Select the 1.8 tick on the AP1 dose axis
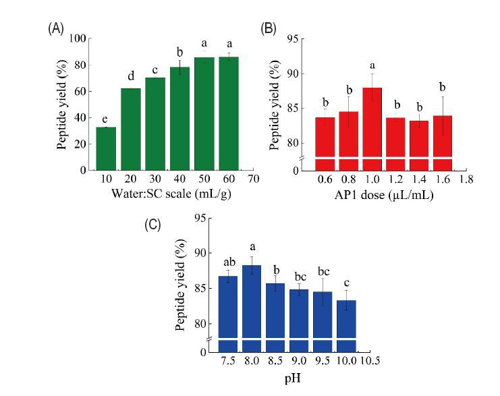pos(466,180)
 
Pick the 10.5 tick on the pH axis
pos(370,362)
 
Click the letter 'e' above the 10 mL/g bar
pos(107,119)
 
